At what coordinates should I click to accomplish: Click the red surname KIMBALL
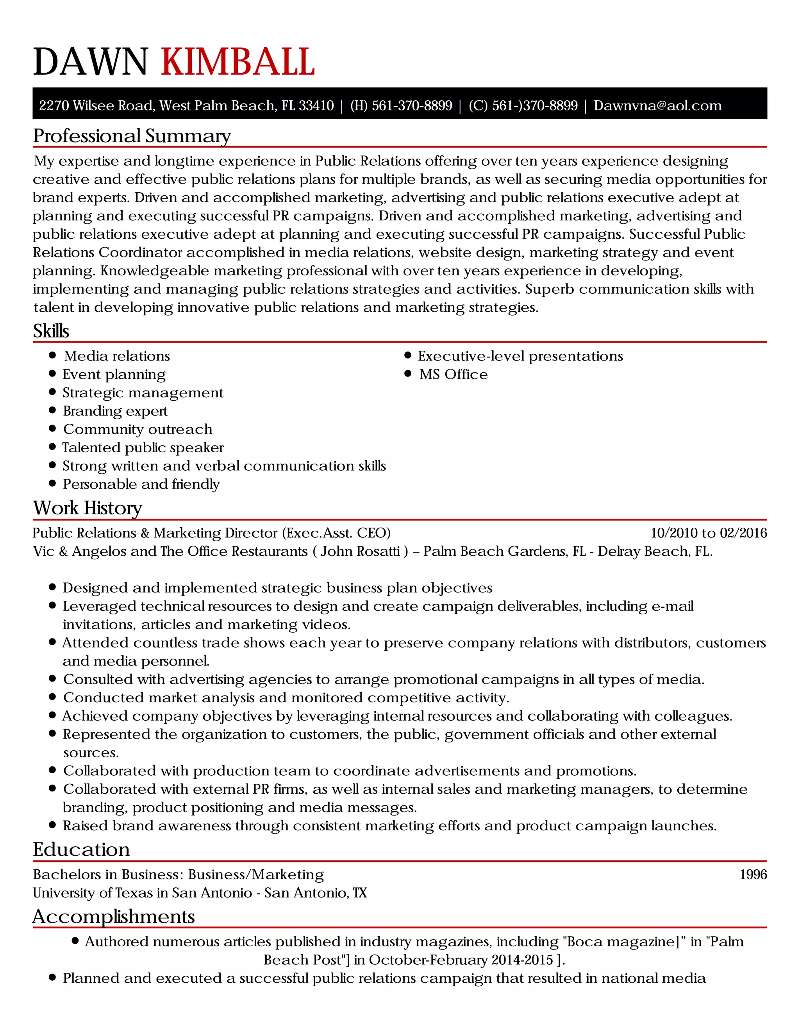coord(238,62)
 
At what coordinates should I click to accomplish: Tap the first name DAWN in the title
coord(91,62)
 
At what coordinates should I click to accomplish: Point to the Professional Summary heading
coord(132,136)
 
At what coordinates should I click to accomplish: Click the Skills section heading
coord(51,331)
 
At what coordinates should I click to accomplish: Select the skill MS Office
coord(453,375)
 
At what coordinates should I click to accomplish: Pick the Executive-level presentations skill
coord(520,356)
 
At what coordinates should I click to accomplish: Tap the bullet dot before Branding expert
coord(53,410)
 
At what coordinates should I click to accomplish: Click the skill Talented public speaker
coord(143,447)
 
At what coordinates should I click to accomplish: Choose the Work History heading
coord(87,508)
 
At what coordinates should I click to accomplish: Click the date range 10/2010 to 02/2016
coord(709,533)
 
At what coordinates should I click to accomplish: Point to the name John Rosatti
coord(360,551)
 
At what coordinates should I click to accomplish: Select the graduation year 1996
coord(753,874)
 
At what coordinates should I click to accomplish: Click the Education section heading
coord(81,849)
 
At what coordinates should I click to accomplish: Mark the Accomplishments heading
coord(113,917)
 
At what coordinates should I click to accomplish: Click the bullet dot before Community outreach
coord(53,429)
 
